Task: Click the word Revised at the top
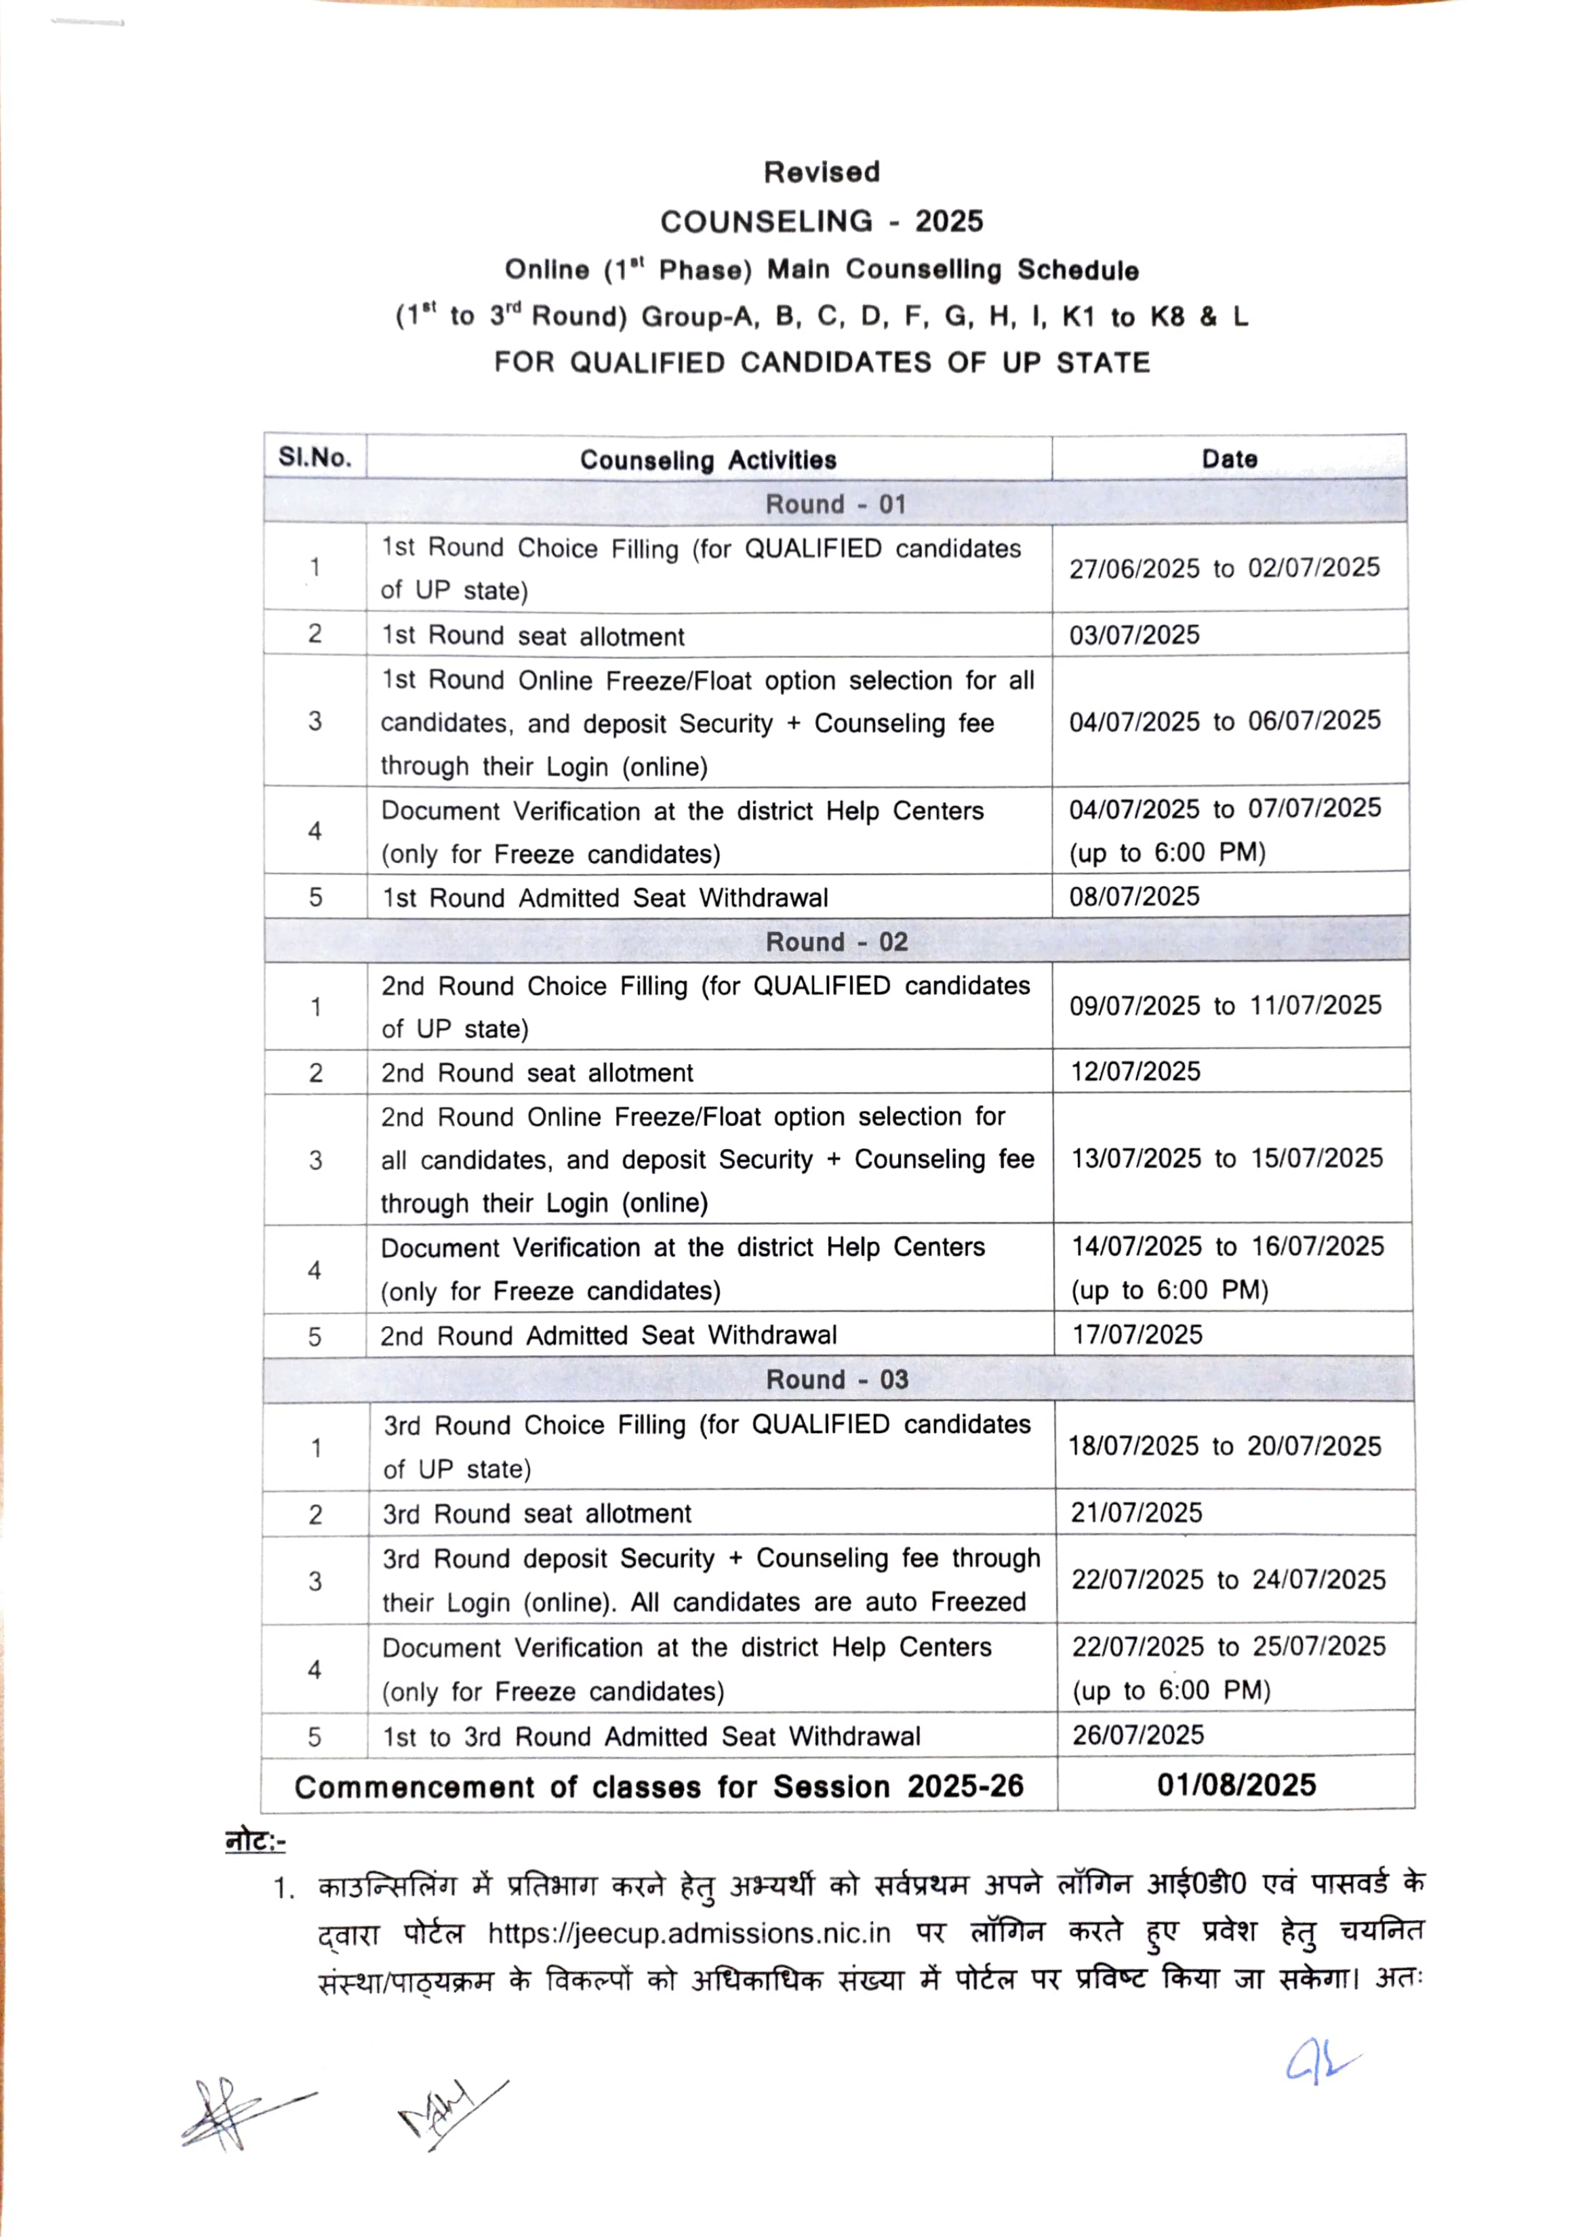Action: pos(821,173)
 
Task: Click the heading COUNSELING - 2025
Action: pos(821,222)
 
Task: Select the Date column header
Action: pos(1229,459)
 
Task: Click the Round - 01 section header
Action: pos(836,504)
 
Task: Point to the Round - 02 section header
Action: pos(836,942)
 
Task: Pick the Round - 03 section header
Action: pos(836,1380)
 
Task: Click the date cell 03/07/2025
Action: pos(1134,634)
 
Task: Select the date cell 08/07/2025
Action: pos(1134,896)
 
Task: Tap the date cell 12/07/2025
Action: pos(1135,1071)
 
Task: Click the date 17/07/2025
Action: pos(1137,1334)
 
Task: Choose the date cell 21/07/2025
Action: pos(1136,1512)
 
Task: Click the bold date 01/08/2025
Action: pos(1236,1785)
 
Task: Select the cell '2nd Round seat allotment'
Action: pos(537,1073)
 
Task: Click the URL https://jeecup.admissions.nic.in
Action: pos(689,1933)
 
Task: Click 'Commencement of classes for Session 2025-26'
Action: pos(658,1787)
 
